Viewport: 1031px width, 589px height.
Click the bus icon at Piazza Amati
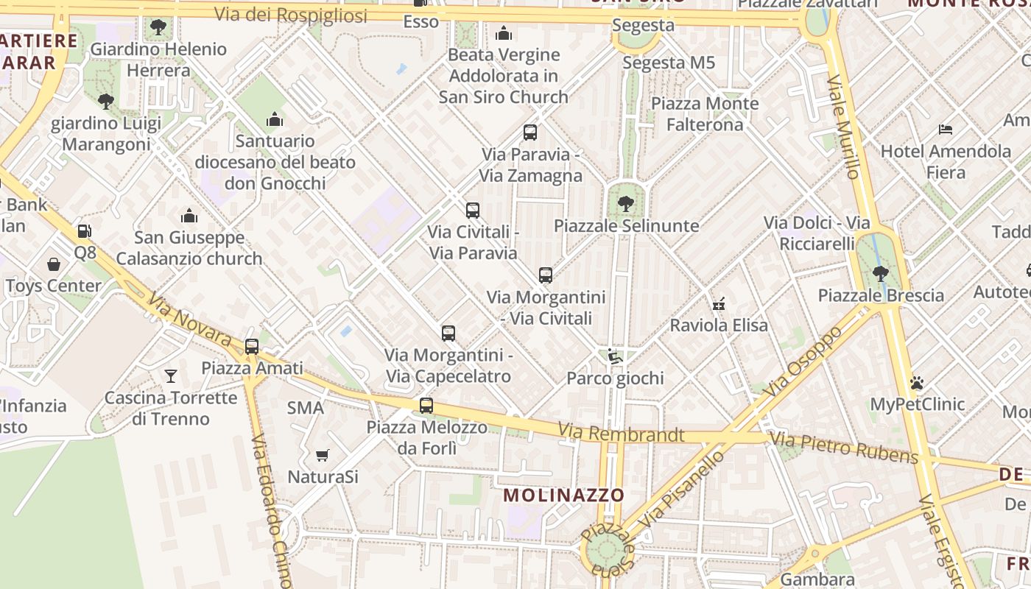coord(252,346)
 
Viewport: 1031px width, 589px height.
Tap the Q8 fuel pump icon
coord(85,231)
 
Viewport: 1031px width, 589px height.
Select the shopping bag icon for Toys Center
coord(54,264)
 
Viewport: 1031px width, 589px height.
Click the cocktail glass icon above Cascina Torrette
coord(171,376)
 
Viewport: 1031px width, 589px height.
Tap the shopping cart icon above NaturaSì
coord(322,455)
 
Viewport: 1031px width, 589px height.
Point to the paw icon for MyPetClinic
coord(917,383)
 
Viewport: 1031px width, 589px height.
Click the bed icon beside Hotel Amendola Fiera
coord(946,130)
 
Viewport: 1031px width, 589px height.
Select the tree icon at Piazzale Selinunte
coord(625,203)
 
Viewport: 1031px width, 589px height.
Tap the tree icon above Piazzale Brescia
coord(880,274)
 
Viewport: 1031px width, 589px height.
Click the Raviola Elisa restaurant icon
coord(719,303)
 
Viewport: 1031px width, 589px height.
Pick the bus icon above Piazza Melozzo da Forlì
coord(426,405)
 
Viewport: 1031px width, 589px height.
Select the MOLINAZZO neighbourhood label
coord(564,495)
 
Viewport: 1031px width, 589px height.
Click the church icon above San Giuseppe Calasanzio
coord(189,216)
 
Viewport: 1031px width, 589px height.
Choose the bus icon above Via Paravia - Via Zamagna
coord(530,133)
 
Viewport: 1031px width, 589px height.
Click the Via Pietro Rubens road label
coord(844,448)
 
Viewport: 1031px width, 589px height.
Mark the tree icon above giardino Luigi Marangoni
coord(106,101)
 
